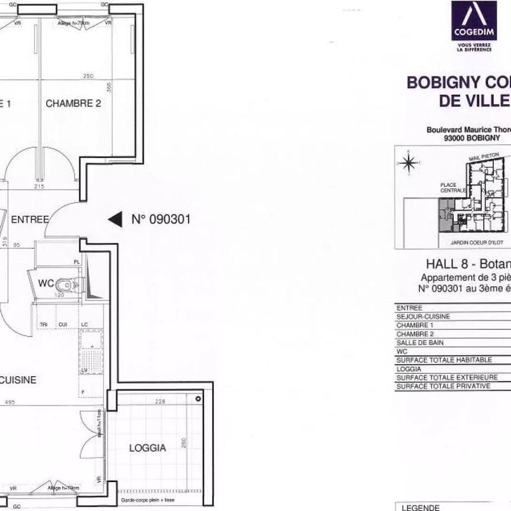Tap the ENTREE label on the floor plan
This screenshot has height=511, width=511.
point(30,219)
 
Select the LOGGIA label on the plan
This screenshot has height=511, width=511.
point(148,448)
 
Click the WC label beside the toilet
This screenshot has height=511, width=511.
point(46,284)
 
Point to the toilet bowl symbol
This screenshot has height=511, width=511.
point(70,286)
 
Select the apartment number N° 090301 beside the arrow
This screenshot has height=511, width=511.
point(160,219)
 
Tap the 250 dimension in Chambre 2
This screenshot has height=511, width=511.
point(88,76)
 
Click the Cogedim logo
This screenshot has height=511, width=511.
point(474,27)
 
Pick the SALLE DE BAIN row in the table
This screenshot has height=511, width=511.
point(419,342)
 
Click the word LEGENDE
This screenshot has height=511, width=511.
point(421,507)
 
